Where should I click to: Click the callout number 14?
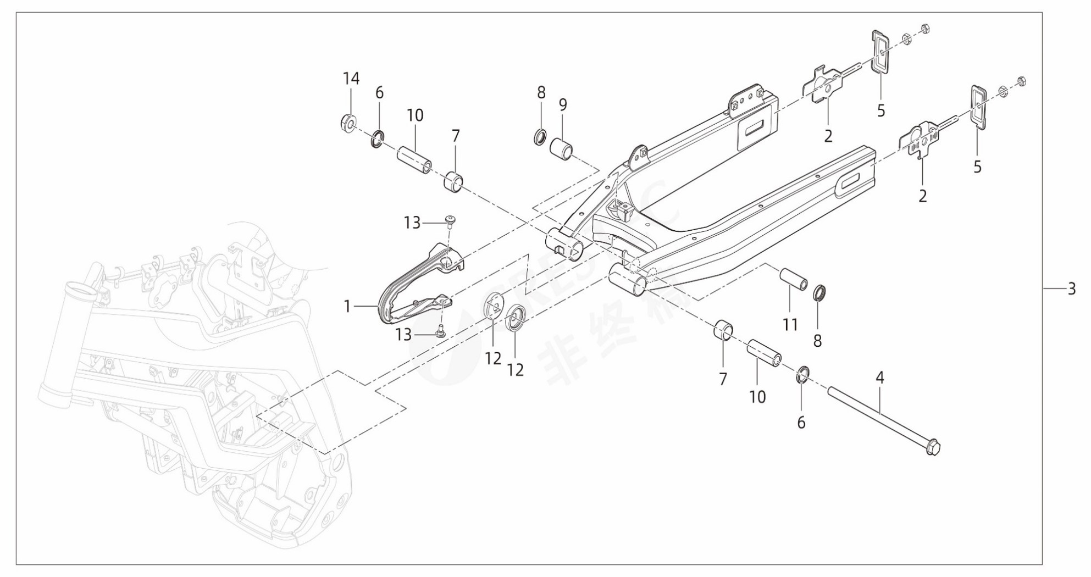tap(351, 79)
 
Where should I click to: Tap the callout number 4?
tap(880, 378)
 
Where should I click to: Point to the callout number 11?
tap(790, 325)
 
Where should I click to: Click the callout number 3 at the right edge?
tap(1071, 288)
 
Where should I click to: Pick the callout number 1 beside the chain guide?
tap(347, 306)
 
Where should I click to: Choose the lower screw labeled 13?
tap(440, 331)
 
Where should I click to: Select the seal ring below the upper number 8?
tap(540, 136)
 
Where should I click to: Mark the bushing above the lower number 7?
tap(723, 331)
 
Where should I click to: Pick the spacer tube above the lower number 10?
tap(763, 354)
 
